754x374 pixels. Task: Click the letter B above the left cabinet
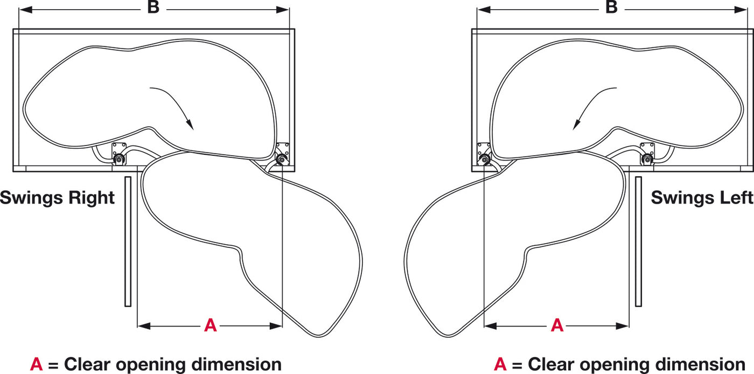pos(153,7)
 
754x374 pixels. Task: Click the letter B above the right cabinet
pos(611,7)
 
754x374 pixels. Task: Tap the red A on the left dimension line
pos(211,325)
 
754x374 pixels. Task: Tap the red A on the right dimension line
pos(557,325)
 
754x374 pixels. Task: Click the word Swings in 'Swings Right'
pos(32,198)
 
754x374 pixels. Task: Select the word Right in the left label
pos(92,198)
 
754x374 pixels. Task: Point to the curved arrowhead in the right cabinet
pos(577,124)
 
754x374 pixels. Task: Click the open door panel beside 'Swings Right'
pos(128,241)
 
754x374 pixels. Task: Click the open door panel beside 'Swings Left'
pos(639,241)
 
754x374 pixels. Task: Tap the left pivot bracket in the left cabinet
pos(119,154)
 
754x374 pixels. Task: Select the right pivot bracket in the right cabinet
pos(647,154)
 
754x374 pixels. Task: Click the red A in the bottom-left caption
pos(37,364)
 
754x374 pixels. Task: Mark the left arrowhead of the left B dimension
pos(26,10)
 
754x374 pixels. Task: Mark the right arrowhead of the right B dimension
pos(741,10)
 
